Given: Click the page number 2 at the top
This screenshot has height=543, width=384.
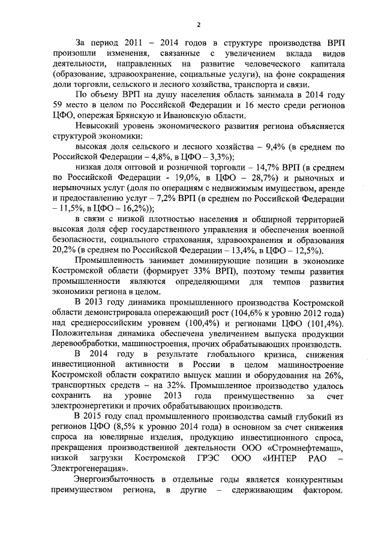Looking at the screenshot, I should [198, 24].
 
